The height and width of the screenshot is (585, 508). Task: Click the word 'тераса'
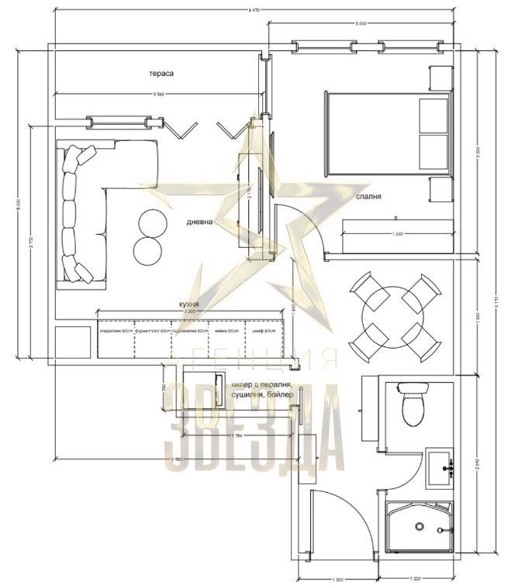point(161,74)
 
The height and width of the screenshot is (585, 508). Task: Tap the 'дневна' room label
point(199,221)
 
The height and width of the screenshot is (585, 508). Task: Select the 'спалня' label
point(368,198)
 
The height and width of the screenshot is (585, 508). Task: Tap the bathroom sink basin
point(442,468)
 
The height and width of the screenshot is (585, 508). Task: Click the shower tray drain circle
point(419,527)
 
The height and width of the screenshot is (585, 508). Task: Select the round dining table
point(393,318)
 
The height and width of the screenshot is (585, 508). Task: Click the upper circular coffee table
point(152,223)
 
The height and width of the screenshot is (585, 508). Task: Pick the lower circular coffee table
point(147,250)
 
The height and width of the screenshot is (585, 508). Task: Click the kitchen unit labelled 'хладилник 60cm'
point(115,339)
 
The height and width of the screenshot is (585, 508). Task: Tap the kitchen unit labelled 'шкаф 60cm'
point(264,339)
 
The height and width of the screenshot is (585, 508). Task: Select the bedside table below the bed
point(440,189)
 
